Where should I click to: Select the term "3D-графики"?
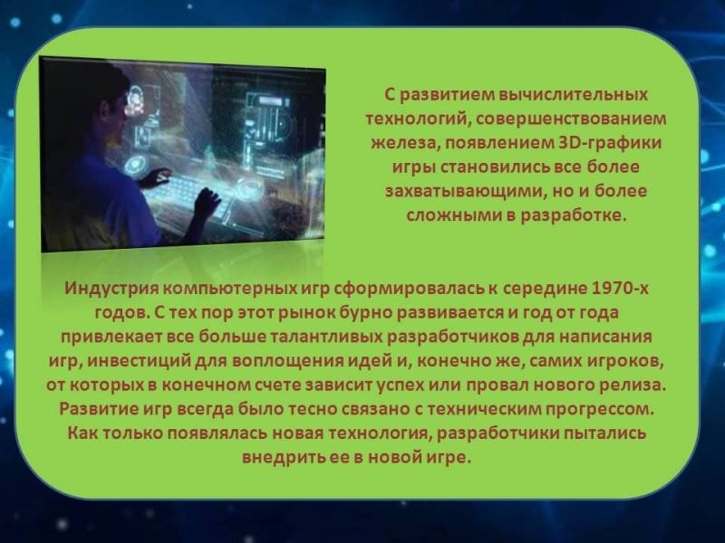[607, 143]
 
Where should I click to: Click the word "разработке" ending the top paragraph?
[573, 215]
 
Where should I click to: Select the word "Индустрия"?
[111, 288]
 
